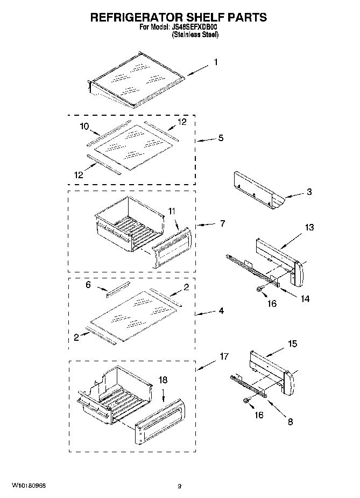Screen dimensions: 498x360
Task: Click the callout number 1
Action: [216, 62]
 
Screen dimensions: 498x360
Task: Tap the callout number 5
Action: [221, 138]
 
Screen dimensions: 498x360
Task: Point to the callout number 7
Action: [222, 223]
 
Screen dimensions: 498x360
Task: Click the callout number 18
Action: [162, 380]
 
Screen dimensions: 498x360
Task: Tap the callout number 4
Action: [222, 311]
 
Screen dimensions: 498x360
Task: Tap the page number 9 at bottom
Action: [179, 486]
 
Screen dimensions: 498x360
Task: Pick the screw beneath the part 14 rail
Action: [260, 290]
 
